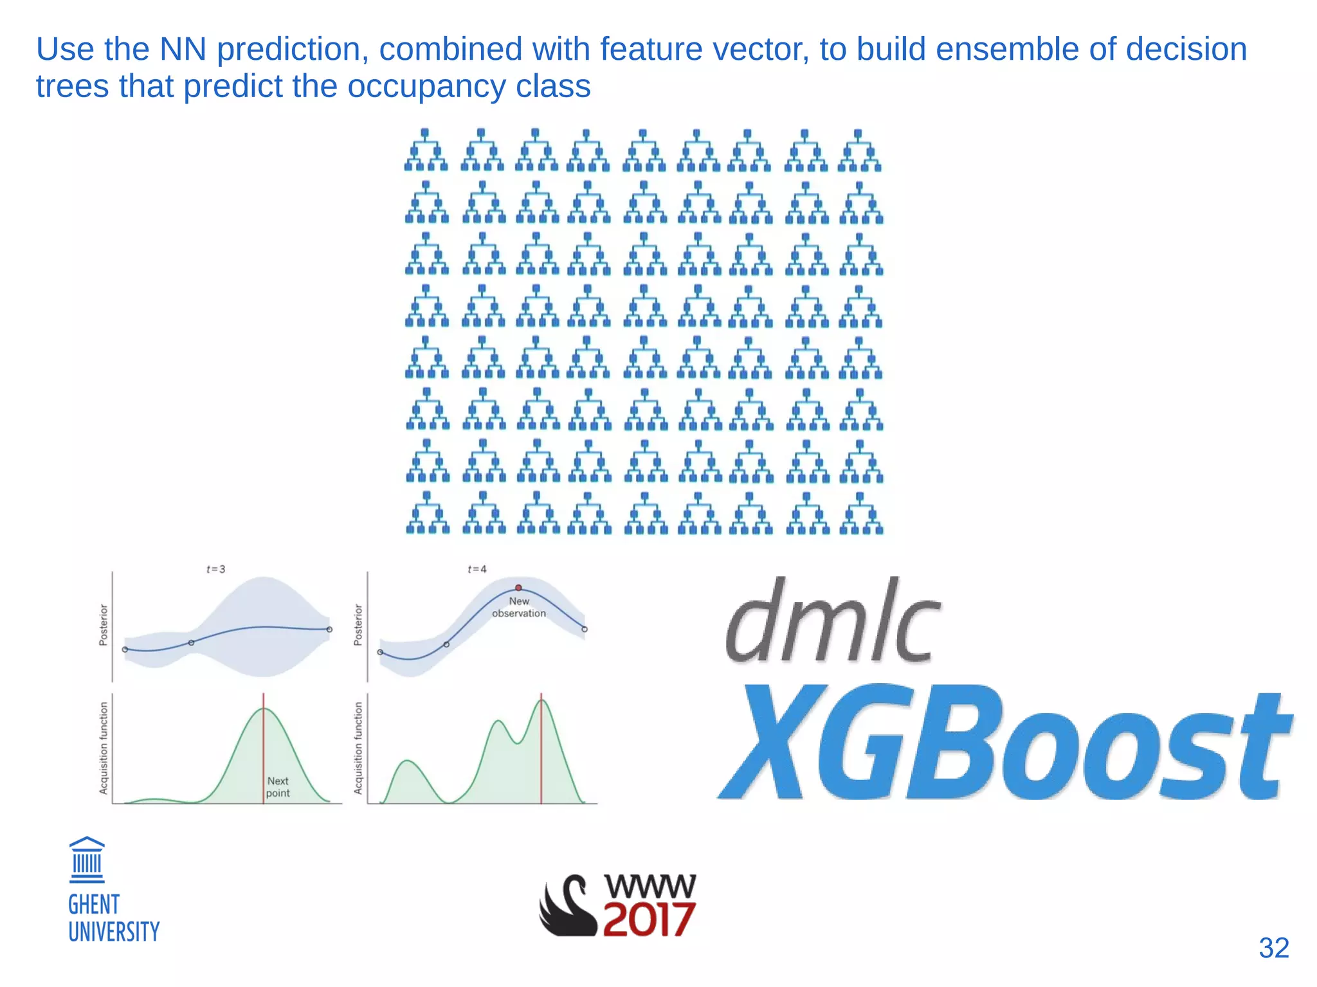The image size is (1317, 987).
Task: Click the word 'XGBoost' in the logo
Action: (1003, 743)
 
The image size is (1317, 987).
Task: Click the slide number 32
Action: (1273, 948)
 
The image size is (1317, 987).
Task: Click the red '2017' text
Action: (648, 919)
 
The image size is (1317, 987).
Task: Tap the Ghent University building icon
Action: (87, 860)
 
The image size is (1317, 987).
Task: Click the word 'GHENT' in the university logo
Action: (94, 905)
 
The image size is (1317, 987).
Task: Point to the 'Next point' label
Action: (278, 787)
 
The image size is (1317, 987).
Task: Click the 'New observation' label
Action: (519, 607)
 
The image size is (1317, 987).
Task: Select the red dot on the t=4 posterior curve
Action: (518, 588)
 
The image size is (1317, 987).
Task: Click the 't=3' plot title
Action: (215, 569)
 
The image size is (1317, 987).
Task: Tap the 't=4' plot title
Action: (477, 569)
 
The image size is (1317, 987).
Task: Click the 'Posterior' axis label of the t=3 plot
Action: (104, 624)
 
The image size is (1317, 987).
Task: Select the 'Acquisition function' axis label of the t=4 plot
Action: (358, 748)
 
